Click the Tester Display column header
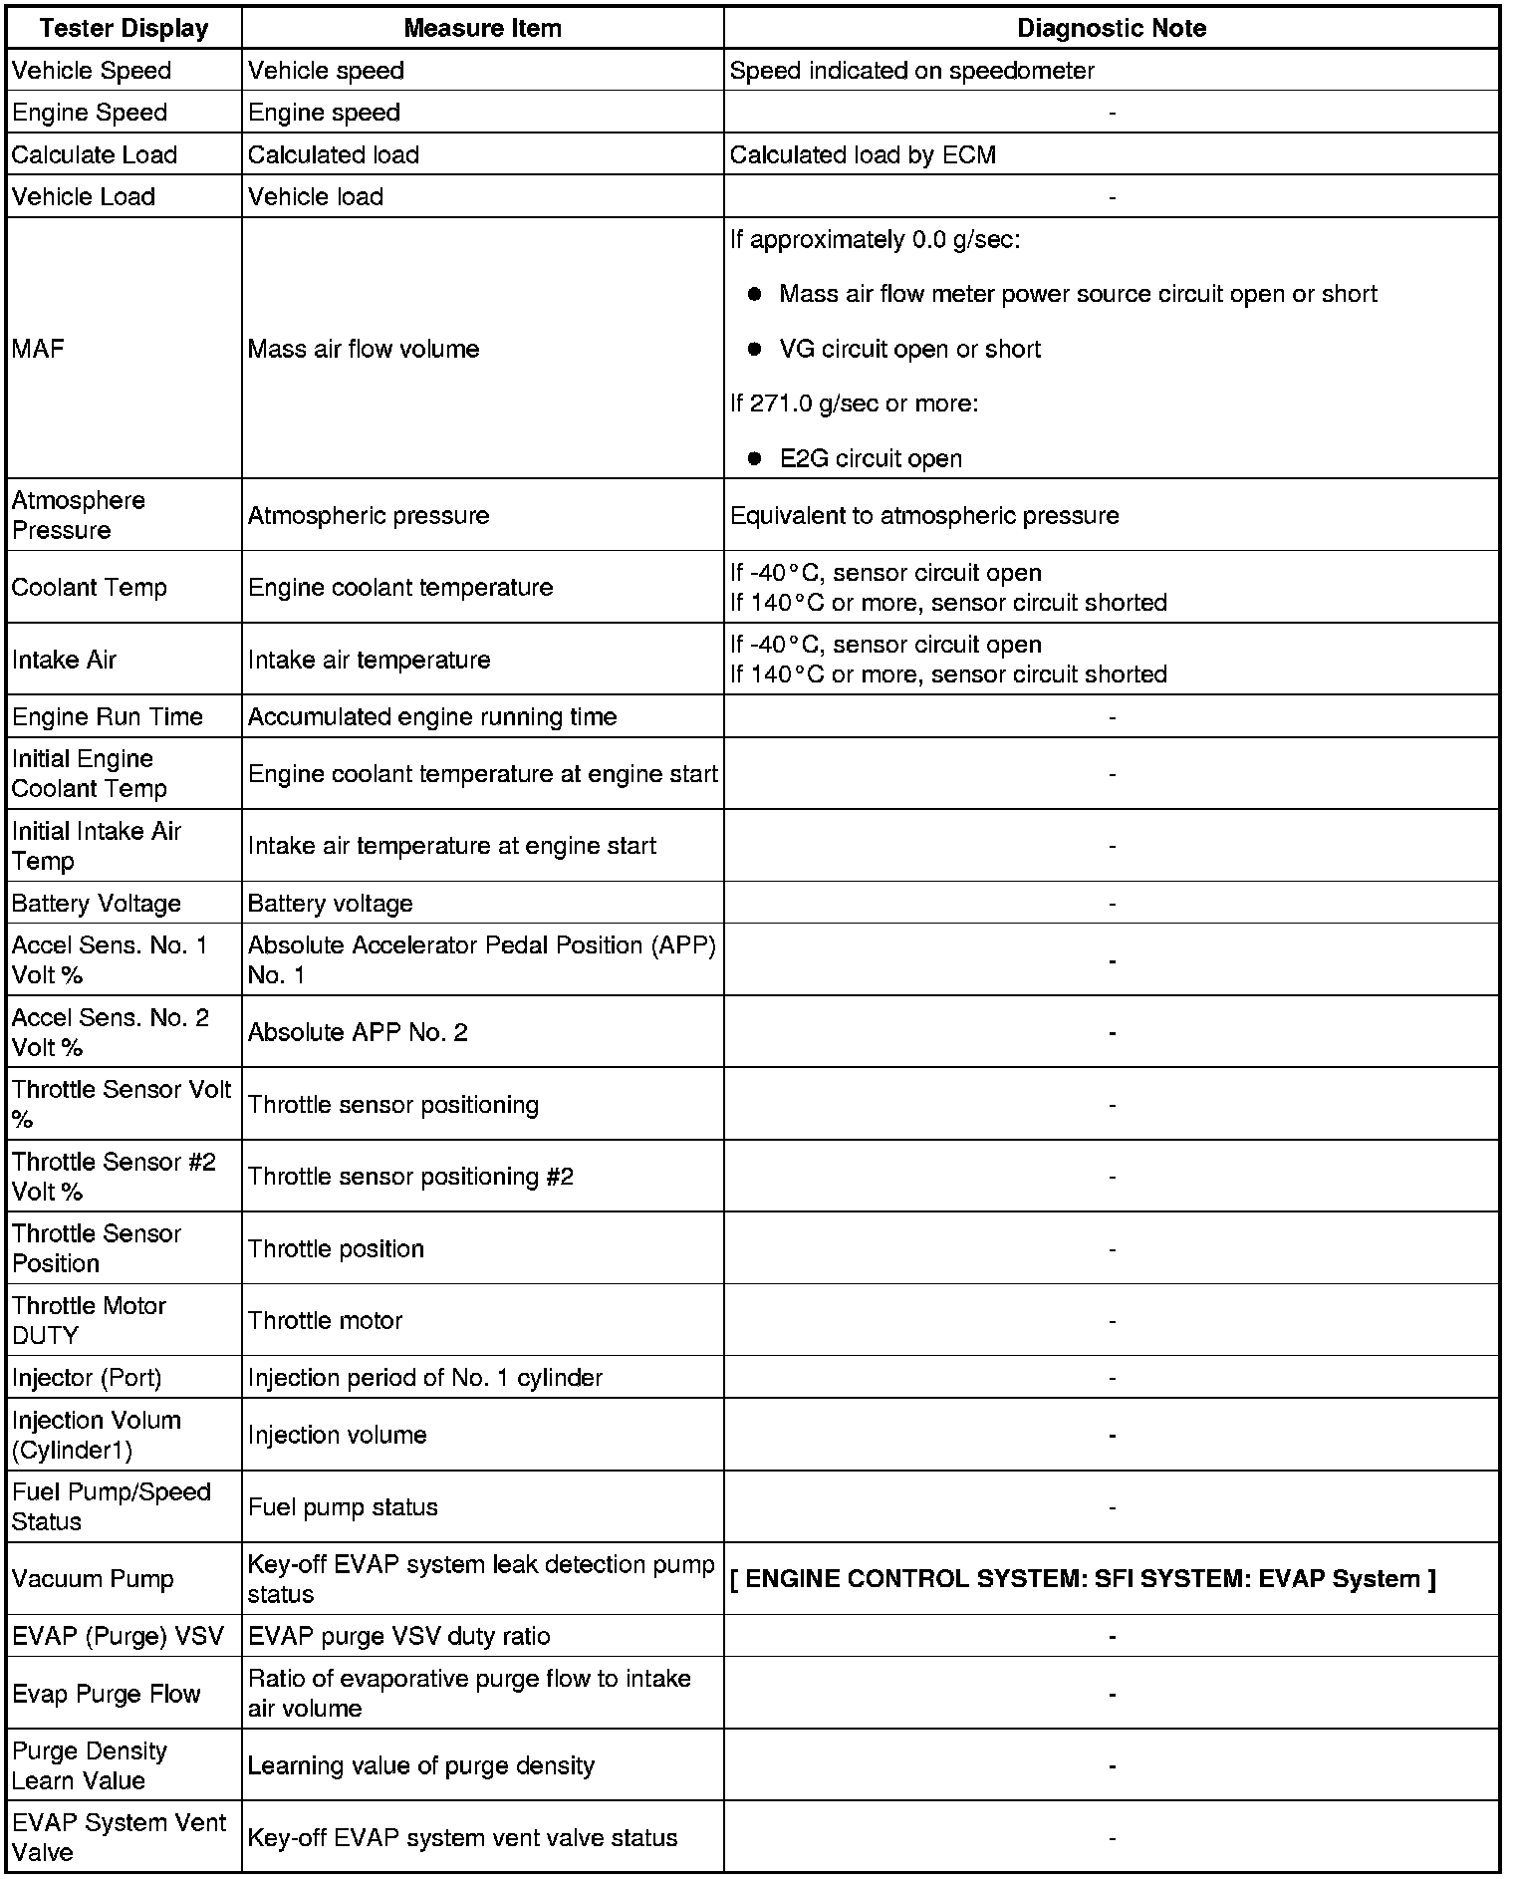click(x=124, y=28)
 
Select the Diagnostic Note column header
click(x=1111, y=28)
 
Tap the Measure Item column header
click(x=482, y=28)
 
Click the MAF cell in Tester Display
click(x=38, y=349)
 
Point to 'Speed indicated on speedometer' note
click(x=911, y=71)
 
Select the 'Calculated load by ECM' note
click(x=863, y=154)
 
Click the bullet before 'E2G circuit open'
click(x=755, y=458)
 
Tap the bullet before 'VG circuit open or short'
click(x=755, y=349)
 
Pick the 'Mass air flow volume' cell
click(x=364, y=349)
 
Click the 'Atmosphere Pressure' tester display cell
click(x=79, y=515)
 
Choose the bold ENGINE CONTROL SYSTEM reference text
click(x=1083, y=1579)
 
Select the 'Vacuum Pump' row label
click(x=93, y=1579)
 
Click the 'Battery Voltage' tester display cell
click(x=97, y=904)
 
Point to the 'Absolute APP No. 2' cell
click(x=358, y=1032)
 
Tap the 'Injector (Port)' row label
click(x=87, y=1378)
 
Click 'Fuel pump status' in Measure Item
click(x=343, y=1507)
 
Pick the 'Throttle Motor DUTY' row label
click(x=89, y=1320)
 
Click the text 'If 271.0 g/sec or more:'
click(x=854, y=403)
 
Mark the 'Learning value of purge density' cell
click(x=420, y=1765)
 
